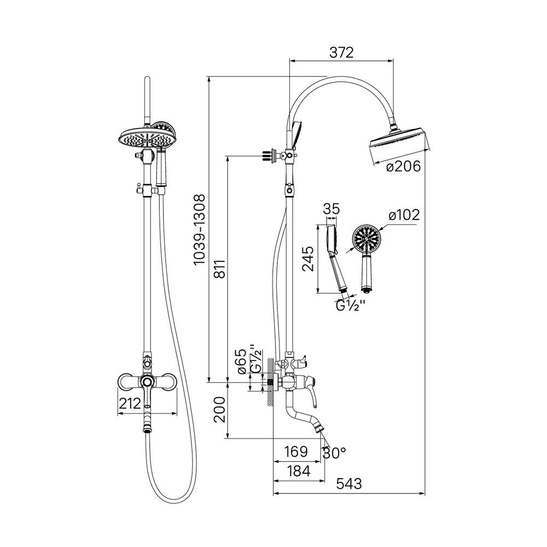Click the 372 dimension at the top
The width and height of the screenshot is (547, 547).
[341, 53]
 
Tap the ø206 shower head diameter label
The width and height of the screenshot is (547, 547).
[404, 167]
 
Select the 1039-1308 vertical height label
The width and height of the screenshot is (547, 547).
[200, 230]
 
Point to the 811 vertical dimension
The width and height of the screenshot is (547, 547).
[219, 269]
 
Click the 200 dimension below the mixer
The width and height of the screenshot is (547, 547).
[219, 409]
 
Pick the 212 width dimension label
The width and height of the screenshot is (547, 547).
[130, 404]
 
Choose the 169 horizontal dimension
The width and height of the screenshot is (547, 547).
[296, 451]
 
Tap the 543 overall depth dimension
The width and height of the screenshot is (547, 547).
[349, 484]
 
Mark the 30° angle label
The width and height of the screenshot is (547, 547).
[334, 453]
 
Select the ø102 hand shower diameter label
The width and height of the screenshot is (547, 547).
[404, 215]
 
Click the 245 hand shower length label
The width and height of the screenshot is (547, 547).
[308, 259]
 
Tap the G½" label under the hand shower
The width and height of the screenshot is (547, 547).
[350, 306]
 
